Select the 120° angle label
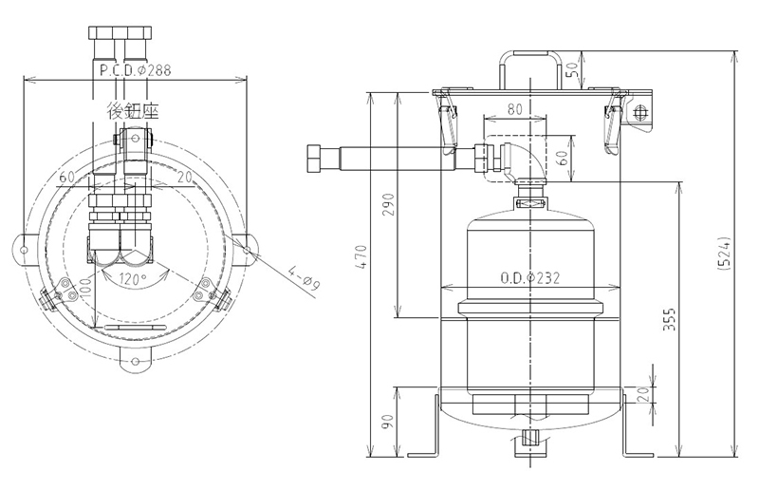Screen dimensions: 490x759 tap(133, 280)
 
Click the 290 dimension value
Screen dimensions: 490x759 tap(386, 206)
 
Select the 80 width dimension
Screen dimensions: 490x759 tap(513, 109)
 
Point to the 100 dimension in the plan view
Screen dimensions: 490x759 tap(85, 288)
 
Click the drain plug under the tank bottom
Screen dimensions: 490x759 tap(530, 439)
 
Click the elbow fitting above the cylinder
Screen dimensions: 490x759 tap(521, 157)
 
